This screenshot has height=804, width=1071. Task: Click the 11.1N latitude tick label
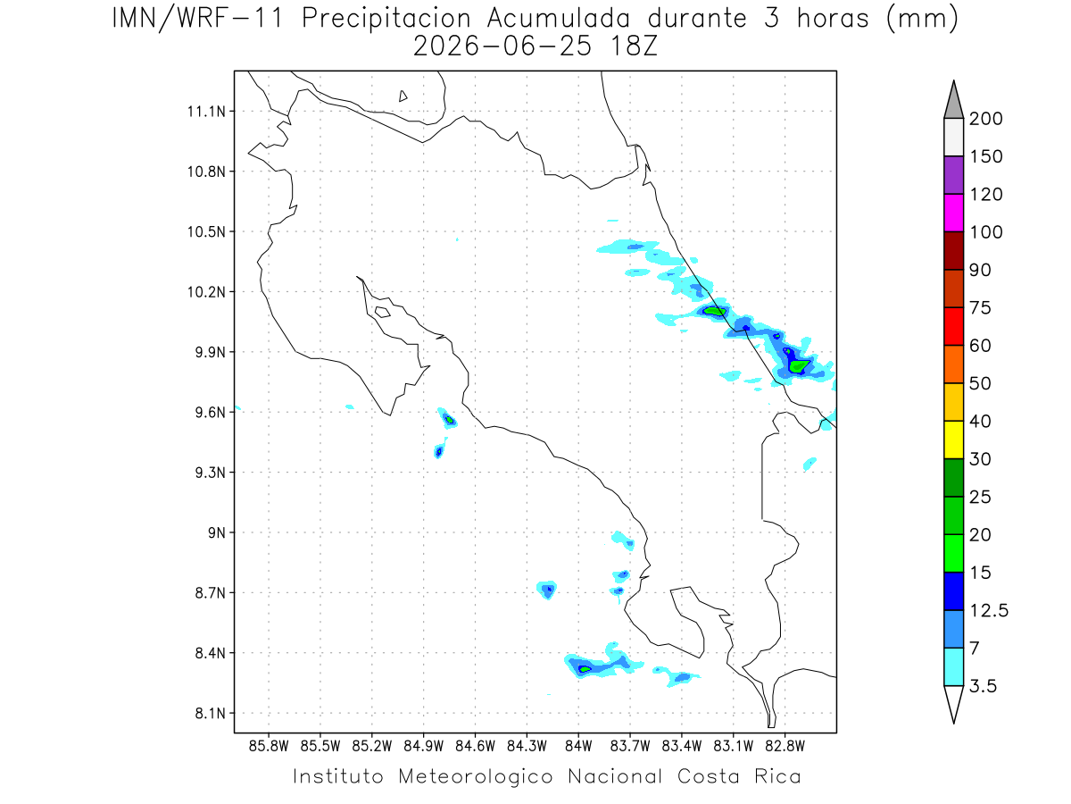coord(206,112)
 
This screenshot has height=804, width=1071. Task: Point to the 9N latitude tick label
coord(217,532)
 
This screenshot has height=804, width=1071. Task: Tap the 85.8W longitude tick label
coord(269,747)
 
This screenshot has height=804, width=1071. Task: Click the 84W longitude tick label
coord(578,747)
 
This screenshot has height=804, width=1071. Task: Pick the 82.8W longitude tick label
coord(785,747)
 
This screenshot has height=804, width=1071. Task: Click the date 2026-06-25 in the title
coord(502,46)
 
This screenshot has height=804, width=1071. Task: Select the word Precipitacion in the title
coord(386,19)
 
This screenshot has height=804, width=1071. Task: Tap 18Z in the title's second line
coord(634,46)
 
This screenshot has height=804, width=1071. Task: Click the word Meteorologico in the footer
coord(475,776)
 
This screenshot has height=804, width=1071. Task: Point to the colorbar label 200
coord(985,119)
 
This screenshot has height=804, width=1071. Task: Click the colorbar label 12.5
coord(989,610)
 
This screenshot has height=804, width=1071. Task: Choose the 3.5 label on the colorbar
coord(983,686)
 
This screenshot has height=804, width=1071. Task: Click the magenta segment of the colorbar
coord(953,213)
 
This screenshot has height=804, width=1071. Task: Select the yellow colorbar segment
coord(953,440)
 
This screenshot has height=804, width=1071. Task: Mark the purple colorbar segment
coord(953,175)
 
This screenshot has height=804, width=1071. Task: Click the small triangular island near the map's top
coord(403,96)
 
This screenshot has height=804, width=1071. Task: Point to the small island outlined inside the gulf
coord(383,312)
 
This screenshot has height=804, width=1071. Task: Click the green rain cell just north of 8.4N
coord(585,669)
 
